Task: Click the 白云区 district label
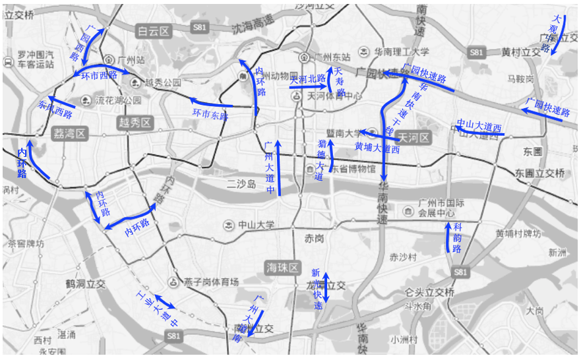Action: (153, 30)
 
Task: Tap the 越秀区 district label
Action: (135, 123)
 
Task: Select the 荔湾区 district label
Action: (69, 134)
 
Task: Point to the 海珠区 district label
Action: (282, 268)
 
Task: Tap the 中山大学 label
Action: (256, 225)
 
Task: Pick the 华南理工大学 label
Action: (402, 51)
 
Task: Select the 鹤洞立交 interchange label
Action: (86, 284)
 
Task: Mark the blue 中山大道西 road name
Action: (479, 126)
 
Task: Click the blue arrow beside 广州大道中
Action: (280, 167)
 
